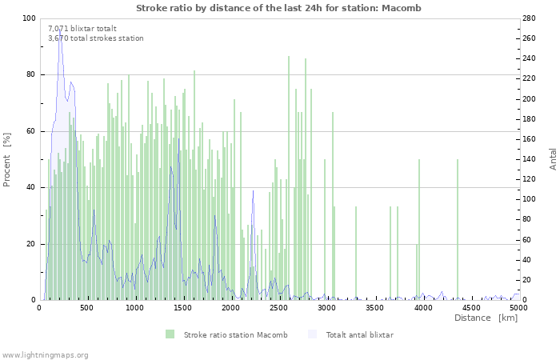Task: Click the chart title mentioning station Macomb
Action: (278, 8)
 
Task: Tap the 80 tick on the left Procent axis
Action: (30, 74)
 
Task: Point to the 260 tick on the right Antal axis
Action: (529, 38)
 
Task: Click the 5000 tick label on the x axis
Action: (518, 307)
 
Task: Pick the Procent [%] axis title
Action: (6, 160)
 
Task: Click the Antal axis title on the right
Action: (553, 159)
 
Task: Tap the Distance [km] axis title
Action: (486, 318)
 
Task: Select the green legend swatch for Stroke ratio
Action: (170, 334)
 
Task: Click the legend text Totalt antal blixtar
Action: (360, 334)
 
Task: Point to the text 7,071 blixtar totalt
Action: (82, 29)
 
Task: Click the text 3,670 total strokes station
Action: (96, 38)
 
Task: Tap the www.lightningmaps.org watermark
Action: (45, 355)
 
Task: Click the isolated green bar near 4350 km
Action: (457, 230)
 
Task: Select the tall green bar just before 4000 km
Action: (419, 230)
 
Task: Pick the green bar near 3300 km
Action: (356, 254)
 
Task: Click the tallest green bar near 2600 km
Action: (289, 178)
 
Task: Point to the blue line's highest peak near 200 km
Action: (60, 30)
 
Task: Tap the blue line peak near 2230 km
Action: (254, 190)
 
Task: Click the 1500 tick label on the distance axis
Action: (182, 307)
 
